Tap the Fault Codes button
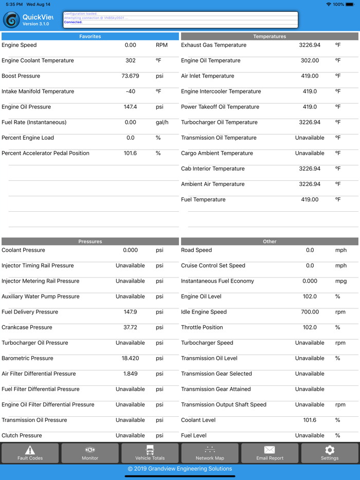[x=30, y=453]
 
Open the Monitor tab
[x=90, y=453]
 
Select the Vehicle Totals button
[x=150, y=453]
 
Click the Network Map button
[x=210, y=453]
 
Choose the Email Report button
[x=269, y=453]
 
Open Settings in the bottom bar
[x=330, y=453]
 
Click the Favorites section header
[x=90, y=36]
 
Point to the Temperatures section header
[x=269, y=36]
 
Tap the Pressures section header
[x=90, y=242]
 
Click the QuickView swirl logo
[x=11, y=20]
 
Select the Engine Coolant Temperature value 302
[x=131, y=61]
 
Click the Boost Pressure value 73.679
[x=131, y=76]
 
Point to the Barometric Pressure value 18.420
[x=131, y=358]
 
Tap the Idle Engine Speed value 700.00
[x=310, y=312]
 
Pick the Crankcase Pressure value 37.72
[x=131, y=327]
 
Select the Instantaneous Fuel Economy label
[x=218, y=281]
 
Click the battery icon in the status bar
[x=350, y=4]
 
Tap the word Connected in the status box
[x=73, y=23]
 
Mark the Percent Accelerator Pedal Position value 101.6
[x=131, y=153]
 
